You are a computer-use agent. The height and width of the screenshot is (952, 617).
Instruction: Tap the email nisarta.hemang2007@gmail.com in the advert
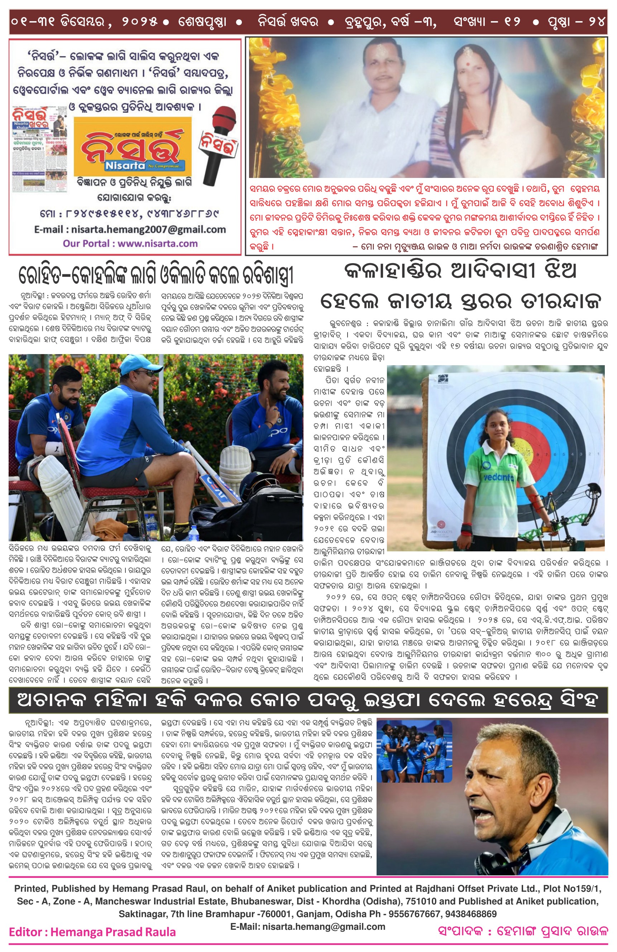[130, 229]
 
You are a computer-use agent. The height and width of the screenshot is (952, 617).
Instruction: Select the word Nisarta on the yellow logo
[125, 165]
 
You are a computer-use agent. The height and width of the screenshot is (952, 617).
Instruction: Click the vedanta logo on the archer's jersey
[498, 477]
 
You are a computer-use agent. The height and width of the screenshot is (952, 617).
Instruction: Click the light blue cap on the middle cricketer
[136, 365]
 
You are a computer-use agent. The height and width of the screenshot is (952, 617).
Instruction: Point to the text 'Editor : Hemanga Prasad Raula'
[92, 932]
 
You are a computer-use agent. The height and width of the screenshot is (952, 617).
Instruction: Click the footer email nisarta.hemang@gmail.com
[307, 926]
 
